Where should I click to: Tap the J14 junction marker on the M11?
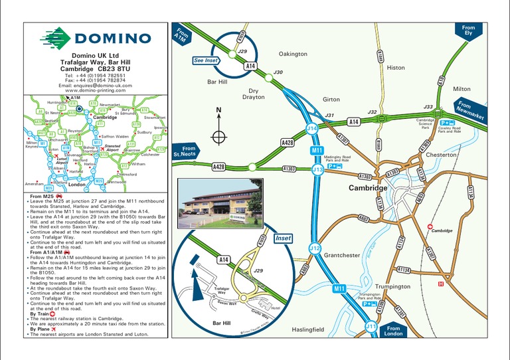coord(312,128)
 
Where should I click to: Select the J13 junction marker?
coord(317,170)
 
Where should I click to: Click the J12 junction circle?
coord(315,248)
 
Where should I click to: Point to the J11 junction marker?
coord(371,327)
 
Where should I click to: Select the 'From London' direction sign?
coord(394,331)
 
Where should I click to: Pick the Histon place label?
coord(395,68)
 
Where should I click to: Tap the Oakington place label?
coord(293,54)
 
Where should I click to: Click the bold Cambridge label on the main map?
coord(368,189)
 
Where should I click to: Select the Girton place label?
coord(331,100)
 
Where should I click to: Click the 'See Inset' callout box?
coord(207,60)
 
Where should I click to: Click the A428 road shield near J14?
coord(287,143)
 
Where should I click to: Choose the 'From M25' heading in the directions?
coord(42,197)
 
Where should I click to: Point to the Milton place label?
coord(461,89)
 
